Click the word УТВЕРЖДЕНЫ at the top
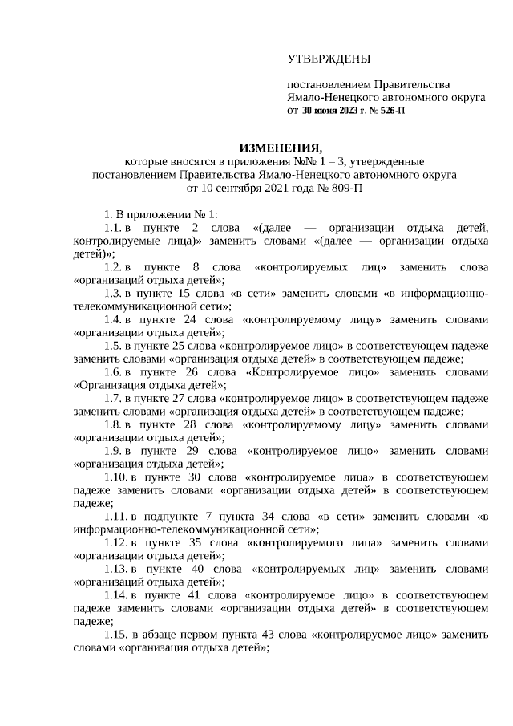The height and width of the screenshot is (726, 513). coord(329,59)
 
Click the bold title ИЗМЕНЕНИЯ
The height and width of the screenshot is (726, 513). coord(281,148)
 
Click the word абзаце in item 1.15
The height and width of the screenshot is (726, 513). coord(165,633)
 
